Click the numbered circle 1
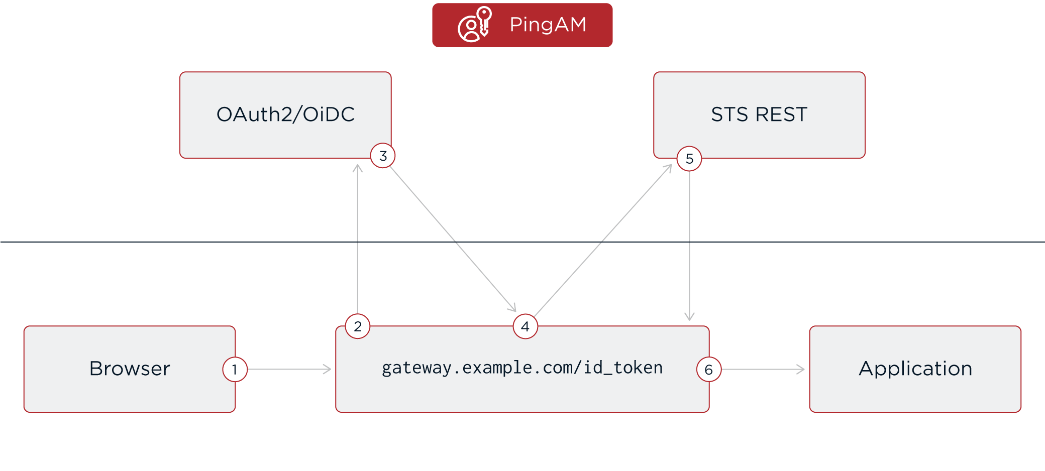pyautogui.click(x=235, y=370)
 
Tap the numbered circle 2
pyautogui.click(x=358, y=326)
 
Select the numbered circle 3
pyautogui.click(x=383, y=156)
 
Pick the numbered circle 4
pyautogui.click(x=525, y=326)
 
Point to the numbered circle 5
pyautogui.click(x=689, y=159)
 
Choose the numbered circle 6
pyautogui.click(x=708, y=370)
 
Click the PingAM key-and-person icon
pyautogui.click(x=474, y=24)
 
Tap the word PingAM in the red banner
pyautogui.click(x=548, y=25)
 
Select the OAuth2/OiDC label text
pyautogui.click(x=285, y=114)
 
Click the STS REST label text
pyautogui.click(x=759, y=114)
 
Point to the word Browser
pyautogui.click(x=130, y=369)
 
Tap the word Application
pyautogui.click(x=915, y=369)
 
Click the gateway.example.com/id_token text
pyautogui.click(x=522, y=368)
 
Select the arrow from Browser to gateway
pyautogui.click(x=289, y=370)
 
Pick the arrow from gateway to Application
pyautogui.click(x=763, y=370)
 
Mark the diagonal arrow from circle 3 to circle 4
pyautogui.click(x=452, y=238)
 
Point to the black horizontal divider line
pyautogui.click(x=151, y=242)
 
